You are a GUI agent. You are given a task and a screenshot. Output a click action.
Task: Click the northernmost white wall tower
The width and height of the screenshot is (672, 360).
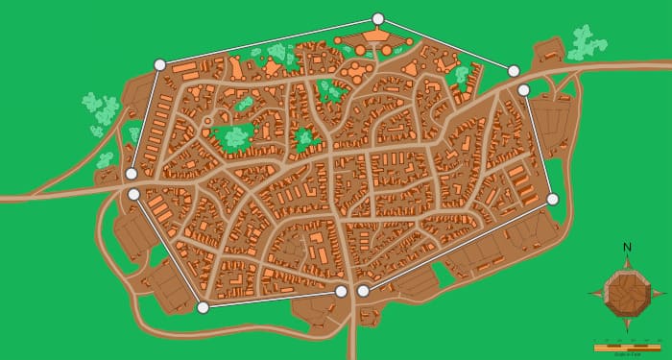(x=377, y=19)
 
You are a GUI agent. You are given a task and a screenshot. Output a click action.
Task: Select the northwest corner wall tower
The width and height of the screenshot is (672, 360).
(x=159, y=64)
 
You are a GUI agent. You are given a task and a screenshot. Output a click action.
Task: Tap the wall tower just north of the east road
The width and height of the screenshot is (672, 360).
(x=514, y=71)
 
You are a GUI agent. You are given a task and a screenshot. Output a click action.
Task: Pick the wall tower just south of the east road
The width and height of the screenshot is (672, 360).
(x=523, y=90)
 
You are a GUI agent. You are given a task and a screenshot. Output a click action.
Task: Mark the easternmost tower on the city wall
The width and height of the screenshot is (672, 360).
(x=552, y=199)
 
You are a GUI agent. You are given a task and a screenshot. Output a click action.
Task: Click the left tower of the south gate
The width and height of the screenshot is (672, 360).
(x=341, y=291)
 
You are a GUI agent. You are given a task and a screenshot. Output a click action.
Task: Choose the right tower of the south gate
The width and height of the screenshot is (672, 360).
(x=363, y=290)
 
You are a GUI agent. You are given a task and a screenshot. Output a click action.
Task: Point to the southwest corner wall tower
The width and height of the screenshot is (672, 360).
(x=203, y=307)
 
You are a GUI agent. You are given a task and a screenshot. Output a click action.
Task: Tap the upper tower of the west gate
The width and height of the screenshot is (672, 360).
(x=131, y=174)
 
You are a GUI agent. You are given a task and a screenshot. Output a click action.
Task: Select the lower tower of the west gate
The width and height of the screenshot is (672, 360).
(x=133, y=194)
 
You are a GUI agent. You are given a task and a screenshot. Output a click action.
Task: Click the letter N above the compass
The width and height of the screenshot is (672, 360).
(x=627, y=248)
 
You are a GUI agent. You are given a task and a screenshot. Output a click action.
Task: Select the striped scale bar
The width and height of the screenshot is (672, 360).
(x=626, y=345)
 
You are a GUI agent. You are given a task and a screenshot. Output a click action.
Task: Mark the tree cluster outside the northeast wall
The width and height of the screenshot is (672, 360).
(x=586, y=43)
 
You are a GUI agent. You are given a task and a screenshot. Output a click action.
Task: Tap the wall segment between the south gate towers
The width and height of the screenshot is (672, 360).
(x=352, y=291)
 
